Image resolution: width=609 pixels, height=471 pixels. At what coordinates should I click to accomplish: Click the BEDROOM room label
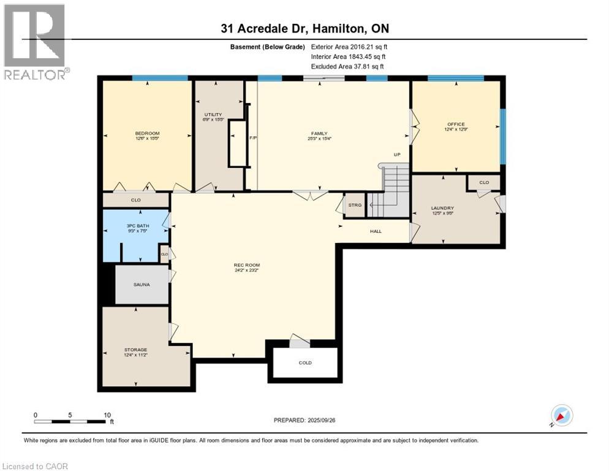pos(147,134)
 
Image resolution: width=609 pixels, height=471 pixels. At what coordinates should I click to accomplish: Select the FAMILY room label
pos(319,134)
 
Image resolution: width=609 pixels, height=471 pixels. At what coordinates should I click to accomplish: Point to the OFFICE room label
pos(456,124)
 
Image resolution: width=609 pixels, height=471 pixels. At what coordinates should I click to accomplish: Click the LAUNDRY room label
pos(442,209)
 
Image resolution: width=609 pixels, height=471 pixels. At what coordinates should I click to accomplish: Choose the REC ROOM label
pos(247,266)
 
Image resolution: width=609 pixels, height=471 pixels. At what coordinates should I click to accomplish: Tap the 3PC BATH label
pos(134,226)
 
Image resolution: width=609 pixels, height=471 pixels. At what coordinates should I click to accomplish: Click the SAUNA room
pos(142,285)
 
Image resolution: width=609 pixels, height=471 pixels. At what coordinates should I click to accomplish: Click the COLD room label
pos(305,362)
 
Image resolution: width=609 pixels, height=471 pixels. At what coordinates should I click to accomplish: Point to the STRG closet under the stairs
pos(354,205)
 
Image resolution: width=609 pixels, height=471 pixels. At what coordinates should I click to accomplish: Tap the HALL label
pos(376,231)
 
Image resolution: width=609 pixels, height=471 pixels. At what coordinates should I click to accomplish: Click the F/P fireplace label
pos(252,138)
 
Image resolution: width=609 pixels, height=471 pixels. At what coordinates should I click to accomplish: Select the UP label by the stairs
pos(397,155)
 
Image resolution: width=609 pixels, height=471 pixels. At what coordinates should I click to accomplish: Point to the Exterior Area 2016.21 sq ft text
pos(349,47)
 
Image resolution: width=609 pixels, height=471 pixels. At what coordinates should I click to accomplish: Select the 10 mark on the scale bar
pos(107,415)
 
